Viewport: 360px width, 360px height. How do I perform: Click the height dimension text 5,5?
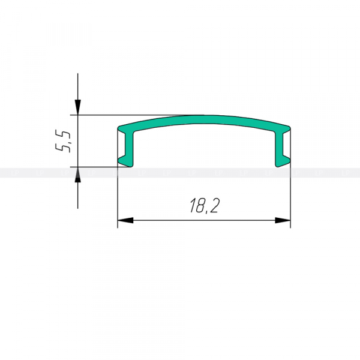coord(62,141)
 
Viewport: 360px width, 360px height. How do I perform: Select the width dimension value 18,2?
coord(205,205)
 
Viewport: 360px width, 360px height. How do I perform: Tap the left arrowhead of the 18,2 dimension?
coord(125,220)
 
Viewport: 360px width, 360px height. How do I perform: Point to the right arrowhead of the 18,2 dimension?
coord(283,220)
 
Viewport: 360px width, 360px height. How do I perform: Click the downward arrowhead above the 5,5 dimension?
coord(78,107)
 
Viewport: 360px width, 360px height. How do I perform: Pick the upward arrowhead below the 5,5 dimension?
coord(78,175)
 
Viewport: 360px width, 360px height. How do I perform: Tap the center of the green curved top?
coord(204,119)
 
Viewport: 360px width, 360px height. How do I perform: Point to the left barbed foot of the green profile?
coord(125,161)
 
